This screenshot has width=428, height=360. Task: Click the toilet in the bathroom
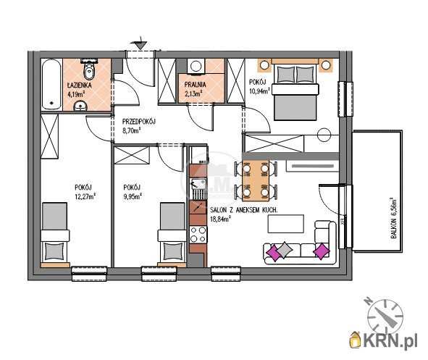click(89, 70)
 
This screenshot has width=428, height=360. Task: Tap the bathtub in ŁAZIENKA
click(51, 84)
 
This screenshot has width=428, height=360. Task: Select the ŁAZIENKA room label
click(80, 85)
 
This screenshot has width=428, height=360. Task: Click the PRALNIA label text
click(195, 85)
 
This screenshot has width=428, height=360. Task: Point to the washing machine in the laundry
click(196, 66)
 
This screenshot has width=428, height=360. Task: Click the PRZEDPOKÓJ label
click(138, 122)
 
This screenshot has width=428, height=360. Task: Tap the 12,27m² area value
click(85, 196)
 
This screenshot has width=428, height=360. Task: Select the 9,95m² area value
click(133, 196)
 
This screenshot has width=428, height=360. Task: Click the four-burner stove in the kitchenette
click(198, 235)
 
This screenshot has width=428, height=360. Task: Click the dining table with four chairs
click(256, 180)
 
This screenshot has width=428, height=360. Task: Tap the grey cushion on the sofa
click(285, 250)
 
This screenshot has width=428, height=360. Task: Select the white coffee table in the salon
click(286, 224)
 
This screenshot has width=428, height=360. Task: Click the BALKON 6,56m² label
click(393, 218)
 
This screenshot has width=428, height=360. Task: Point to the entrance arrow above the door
click(140, 43)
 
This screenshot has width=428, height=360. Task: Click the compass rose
click(384, 314)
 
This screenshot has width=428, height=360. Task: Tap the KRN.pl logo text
click(390, 340)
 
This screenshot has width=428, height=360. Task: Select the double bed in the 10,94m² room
click(295, 90)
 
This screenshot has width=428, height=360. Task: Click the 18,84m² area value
click(221, 218)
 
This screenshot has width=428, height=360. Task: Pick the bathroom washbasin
click(80, 106)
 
